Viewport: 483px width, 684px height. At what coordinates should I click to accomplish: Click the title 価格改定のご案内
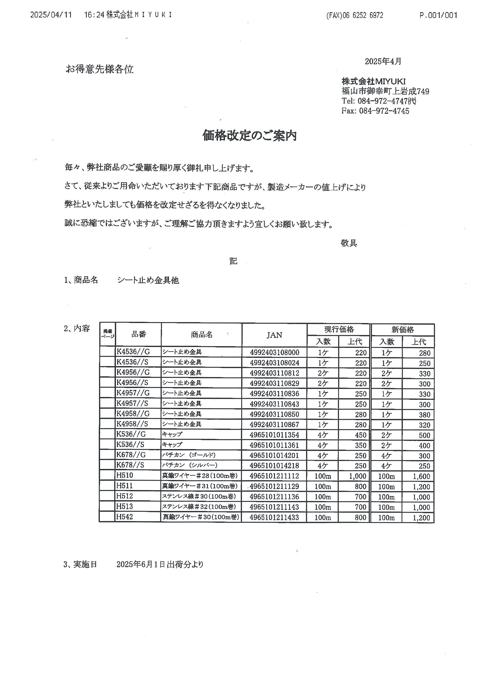pos(249,136)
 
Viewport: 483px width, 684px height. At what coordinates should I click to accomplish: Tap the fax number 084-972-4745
pos(384,111)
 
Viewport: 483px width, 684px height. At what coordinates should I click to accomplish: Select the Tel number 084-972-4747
pos(383,101)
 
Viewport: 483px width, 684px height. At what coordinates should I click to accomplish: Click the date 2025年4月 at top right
pos(383,61)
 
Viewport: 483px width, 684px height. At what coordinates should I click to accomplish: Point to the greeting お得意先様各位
pos(100,69)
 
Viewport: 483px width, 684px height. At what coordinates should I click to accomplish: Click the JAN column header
pos(274,335)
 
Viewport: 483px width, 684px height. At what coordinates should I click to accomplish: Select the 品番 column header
pos(139,334)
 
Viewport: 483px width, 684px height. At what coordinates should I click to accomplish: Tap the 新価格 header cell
pos(402,329)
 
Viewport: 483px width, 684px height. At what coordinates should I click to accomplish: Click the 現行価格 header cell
pos(339,329)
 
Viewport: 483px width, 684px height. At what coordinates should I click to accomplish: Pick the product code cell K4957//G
pos(133,393)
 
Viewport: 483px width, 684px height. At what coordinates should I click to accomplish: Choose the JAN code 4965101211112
pos(274,476)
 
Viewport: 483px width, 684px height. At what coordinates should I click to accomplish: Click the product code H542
pos(124,517)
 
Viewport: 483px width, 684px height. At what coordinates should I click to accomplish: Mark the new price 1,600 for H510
pos(421,476)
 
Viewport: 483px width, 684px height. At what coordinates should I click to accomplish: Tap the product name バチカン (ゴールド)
pos(188,455)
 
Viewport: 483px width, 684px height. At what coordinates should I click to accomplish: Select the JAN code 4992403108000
pos(274,353)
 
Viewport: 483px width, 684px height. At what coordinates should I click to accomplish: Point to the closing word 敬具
pos(349,243)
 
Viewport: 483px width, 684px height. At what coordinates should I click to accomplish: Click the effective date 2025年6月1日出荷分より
pos(160,564)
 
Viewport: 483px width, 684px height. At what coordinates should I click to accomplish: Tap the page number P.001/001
pos(438,15)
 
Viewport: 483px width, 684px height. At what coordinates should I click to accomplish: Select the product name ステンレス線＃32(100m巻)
pos(199,507)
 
